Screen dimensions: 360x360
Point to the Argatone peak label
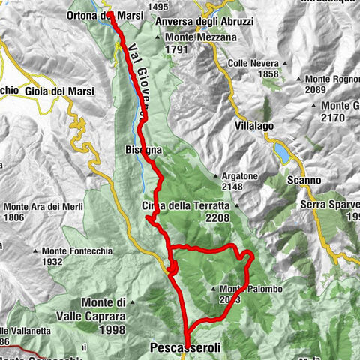tap(239, 176)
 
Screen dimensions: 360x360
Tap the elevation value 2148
tap(235, 187)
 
